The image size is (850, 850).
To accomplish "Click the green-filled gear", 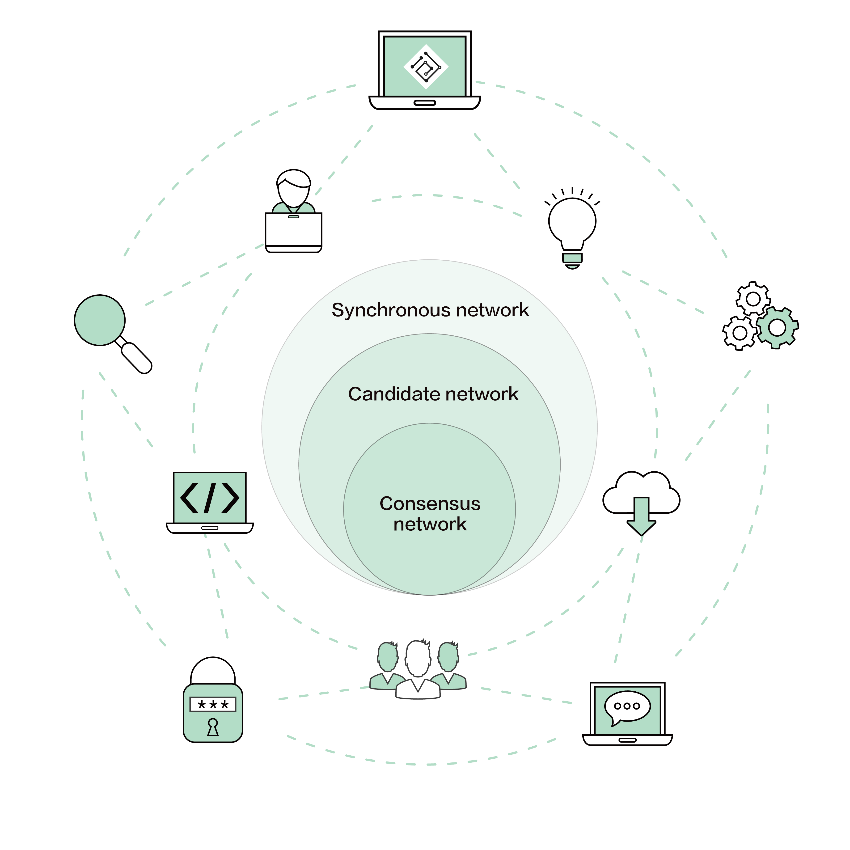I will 777,327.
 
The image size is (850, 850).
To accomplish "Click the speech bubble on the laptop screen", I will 627,706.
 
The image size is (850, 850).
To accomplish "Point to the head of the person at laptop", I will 293,187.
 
